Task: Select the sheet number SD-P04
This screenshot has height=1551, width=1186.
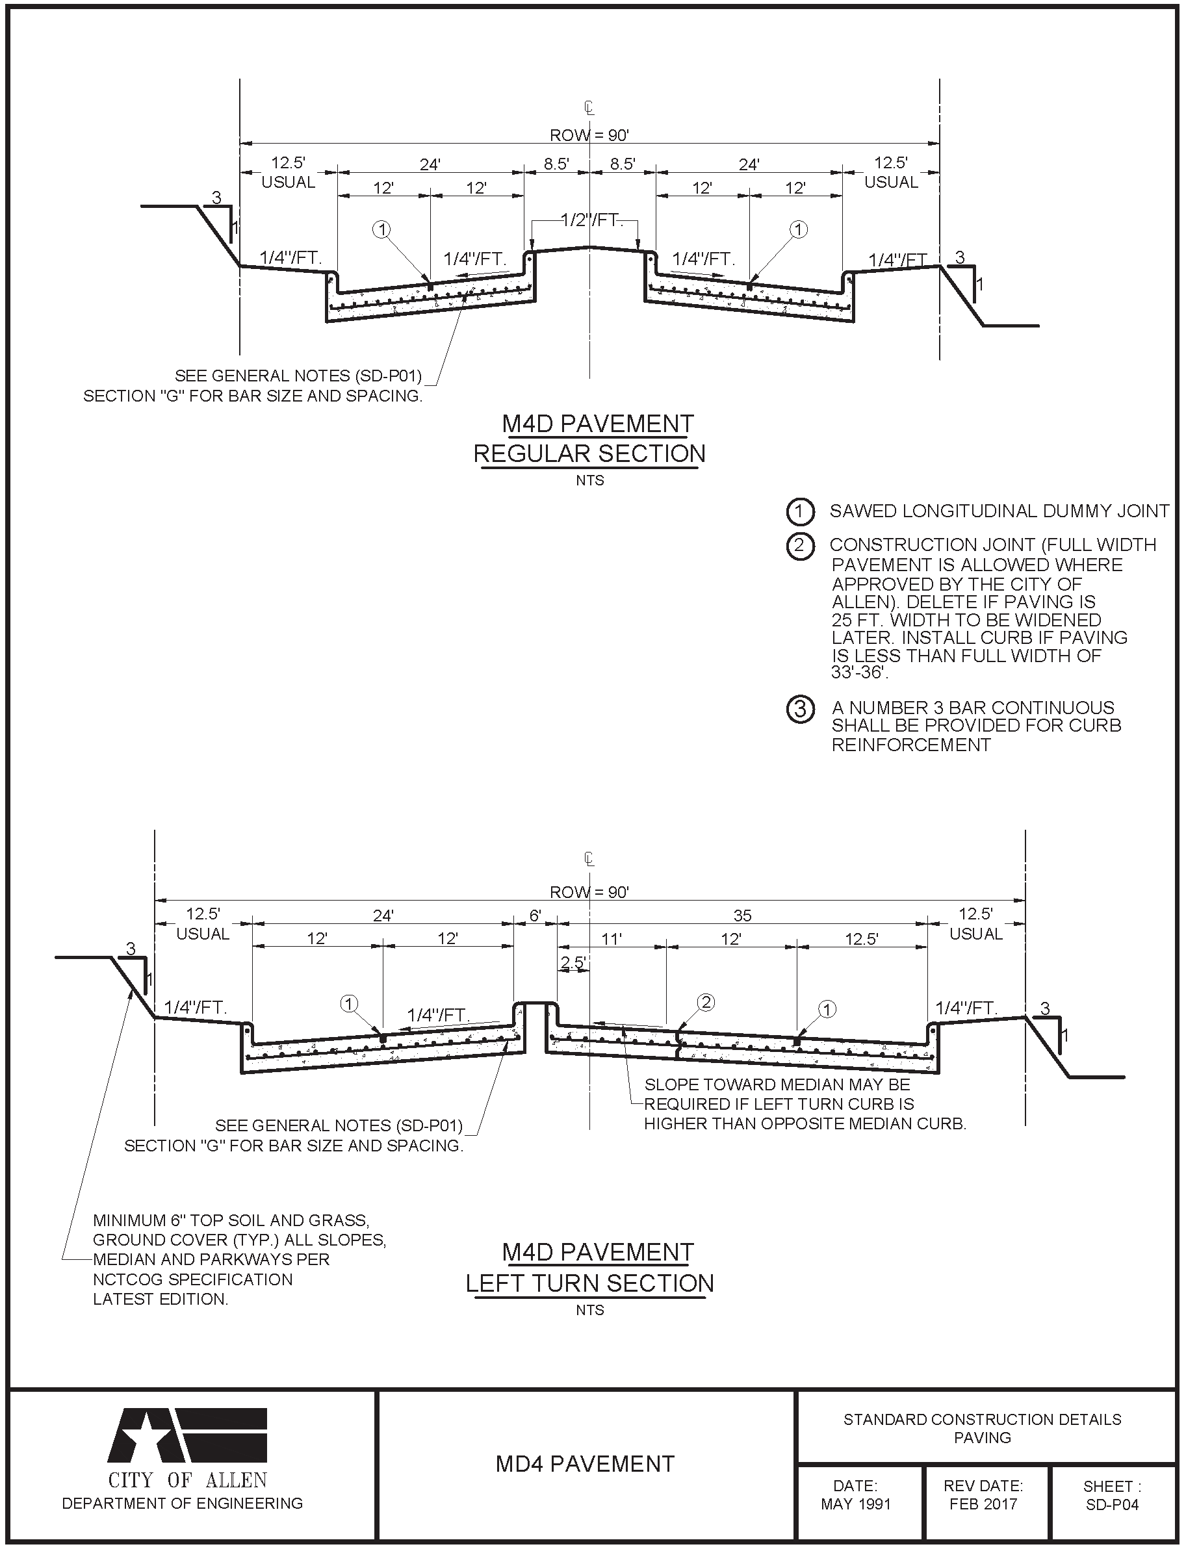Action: coord(1112,1504)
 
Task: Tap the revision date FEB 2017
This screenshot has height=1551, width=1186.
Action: coord(983,1504)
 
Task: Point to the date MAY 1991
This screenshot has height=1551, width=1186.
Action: coord(856,1504)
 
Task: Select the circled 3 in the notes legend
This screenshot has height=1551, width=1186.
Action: coord(800,708)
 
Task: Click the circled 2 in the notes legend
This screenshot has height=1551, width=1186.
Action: coord(800,546)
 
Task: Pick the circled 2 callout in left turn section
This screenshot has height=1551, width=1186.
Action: coord(705,1002)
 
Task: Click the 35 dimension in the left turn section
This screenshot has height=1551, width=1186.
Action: coord(742,916)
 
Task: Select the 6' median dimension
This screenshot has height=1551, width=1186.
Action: coord(535,916)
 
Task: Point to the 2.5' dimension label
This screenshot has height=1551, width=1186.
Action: coord(573,962)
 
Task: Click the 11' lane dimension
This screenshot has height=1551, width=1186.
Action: coord(612,939)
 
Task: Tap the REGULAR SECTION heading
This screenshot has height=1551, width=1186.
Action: coord(589,454)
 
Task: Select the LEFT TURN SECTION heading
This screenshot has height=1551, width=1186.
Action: coord(589,1283)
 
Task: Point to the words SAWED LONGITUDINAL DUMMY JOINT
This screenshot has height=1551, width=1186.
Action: coord(999,511)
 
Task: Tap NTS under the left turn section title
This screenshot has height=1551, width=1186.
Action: coord(589,1311)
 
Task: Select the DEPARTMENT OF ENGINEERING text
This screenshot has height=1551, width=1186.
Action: coord(182,1504)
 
